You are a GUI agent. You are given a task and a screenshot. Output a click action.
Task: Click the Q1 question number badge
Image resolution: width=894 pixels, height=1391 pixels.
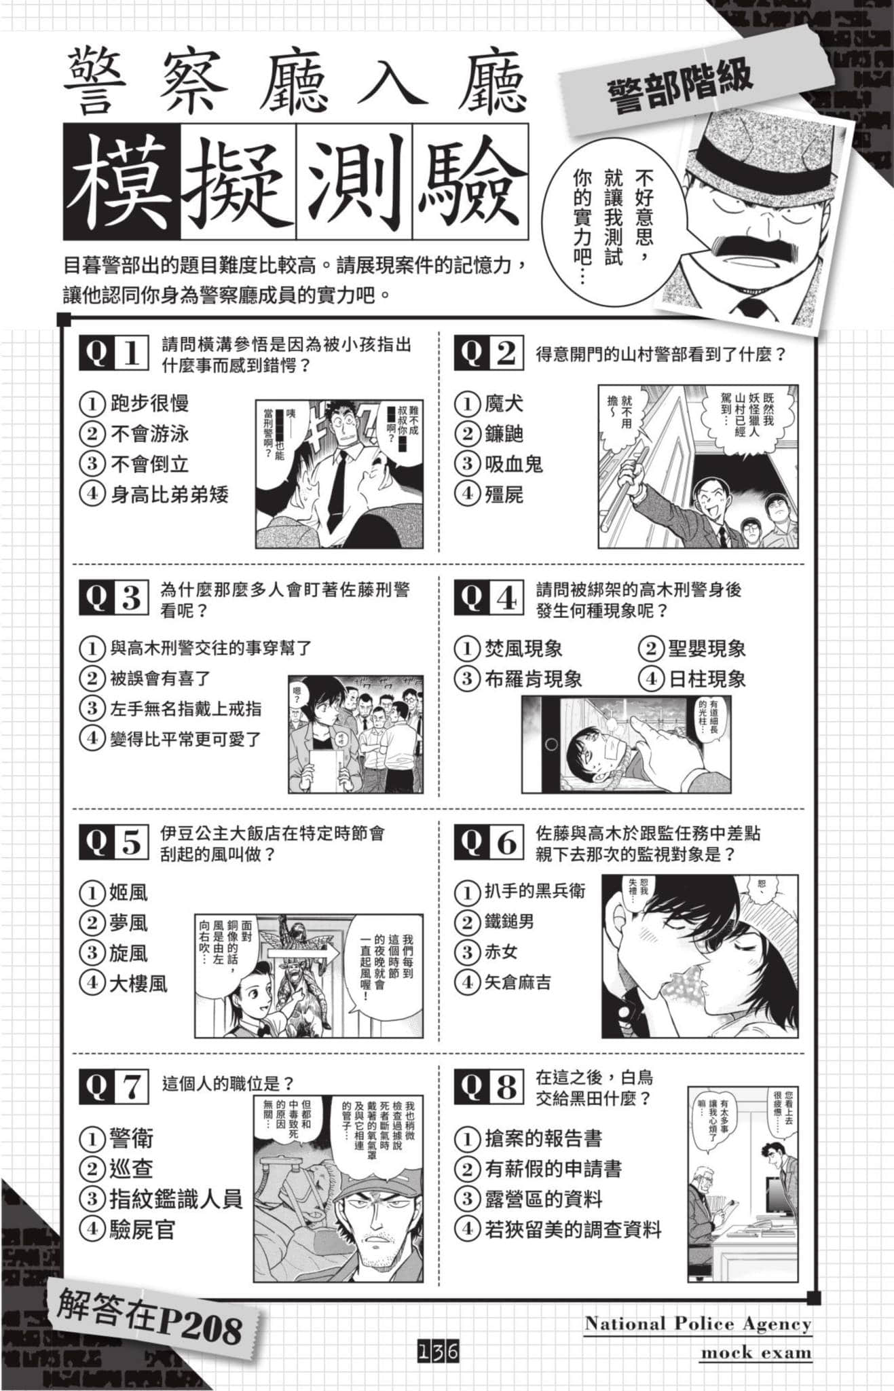coord(113,353)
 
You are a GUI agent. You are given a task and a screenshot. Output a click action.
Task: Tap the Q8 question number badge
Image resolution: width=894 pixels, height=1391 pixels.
coord(488,1086)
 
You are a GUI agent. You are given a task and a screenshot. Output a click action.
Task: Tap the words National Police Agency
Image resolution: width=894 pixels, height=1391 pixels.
coord(697,1323)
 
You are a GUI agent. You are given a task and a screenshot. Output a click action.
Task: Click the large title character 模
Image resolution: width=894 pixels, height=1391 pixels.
coord(122,182)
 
